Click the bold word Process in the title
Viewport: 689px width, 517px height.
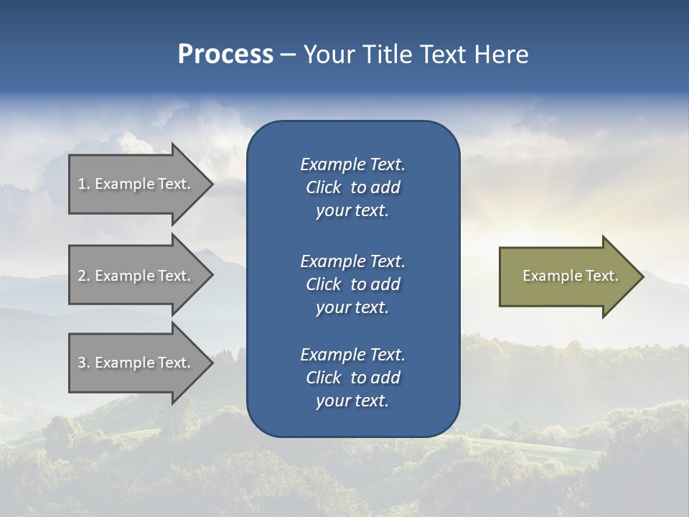[x=225, y=55]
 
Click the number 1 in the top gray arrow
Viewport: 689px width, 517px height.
[x=82, y=184]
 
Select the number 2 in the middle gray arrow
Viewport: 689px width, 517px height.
[x=82, y=276]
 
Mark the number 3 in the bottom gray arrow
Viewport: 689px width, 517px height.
[x=82, y=363]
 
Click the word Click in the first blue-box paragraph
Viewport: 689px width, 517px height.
[x=324, y=187]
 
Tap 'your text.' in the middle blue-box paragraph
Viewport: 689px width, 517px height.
[x=352, y=307]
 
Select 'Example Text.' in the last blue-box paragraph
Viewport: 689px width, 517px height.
[x=352, y=355]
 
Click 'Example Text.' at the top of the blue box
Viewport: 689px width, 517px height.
[x=352, y=164]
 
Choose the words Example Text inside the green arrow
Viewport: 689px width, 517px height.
[x=570, y=276]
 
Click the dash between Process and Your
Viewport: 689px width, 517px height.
[x=288, y=55]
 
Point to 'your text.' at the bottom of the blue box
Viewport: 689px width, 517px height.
[x=352, y=401]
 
